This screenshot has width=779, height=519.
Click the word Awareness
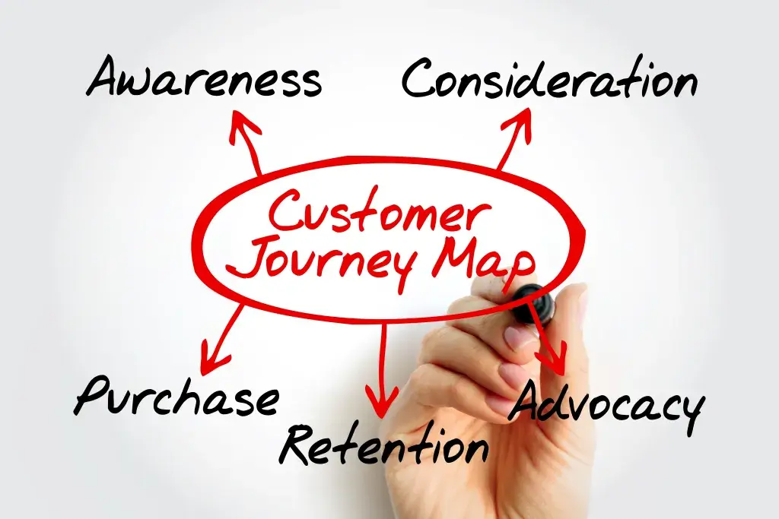204,79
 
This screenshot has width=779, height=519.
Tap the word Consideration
549,79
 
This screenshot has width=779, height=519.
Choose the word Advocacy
605,407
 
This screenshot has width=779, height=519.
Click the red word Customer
375,212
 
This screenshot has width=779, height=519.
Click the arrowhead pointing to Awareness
243,122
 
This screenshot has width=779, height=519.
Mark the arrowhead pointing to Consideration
522,119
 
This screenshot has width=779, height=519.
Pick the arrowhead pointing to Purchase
211,350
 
